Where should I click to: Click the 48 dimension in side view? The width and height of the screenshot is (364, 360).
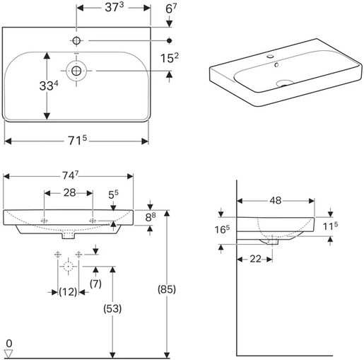tap(276, 201)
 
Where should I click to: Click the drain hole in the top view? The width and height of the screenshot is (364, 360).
tap(75, 70)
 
